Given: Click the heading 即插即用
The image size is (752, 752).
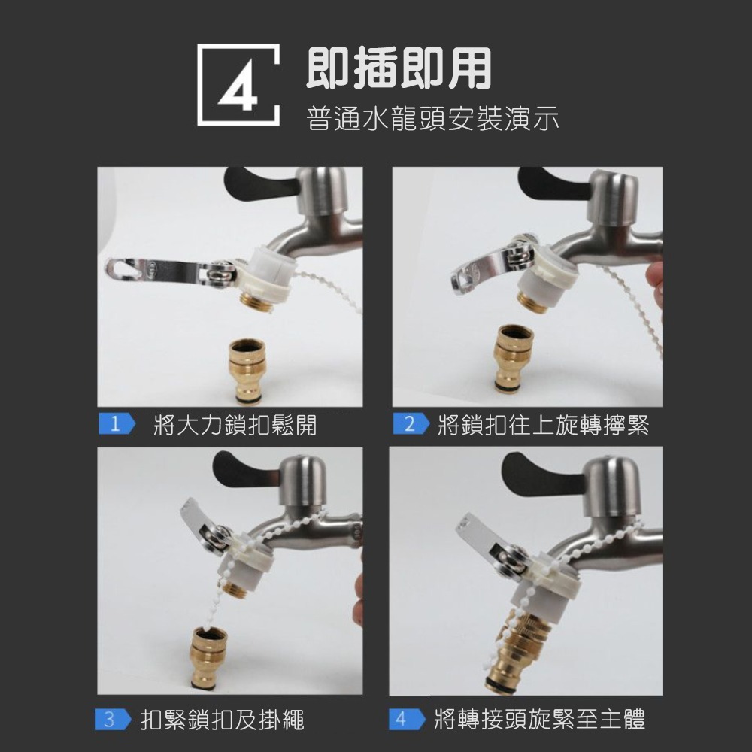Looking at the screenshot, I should coord(398,68).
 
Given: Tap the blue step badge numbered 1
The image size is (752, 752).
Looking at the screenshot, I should coord(114,425).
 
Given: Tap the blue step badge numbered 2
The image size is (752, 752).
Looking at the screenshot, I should coord(409,425).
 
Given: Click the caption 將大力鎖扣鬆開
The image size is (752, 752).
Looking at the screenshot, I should coord(234,426).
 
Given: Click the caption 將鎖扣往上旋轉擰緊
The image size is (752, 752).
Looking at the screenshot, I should coord(543,426).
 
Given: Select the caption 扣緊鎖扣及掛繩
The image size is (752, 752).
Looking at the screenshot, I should coord(223,720).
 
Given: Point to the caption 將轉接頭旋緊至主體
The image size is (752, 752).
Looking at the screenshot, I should coord(539,720).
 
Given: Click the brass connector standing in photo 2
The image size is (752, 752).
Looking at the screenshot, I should coord(515,357).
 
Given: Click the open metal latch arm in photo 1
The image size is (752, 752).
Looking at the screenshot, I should coord(162,271).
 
